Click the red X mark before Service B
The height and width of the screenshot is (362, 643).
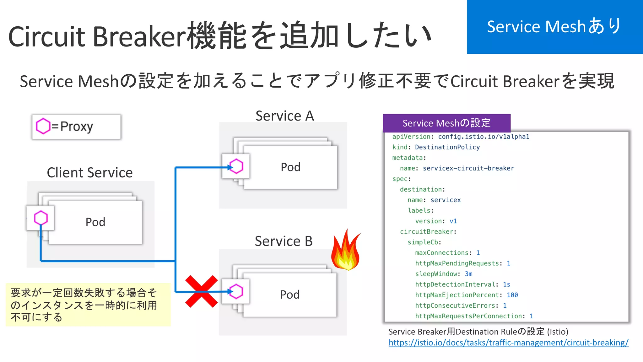point(201,292)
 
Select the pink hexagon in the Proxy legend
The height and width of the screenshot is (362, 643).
point(43,126)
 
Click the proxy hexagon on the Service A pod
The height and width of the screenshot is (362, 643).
point(236,166)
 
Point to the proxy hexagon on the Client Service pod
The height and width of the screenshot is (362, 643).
point(41,218)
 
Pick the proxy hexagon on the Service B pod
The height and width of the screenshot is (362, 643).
point(236,291)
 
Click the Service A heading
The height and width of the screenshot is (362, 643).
point(284,116)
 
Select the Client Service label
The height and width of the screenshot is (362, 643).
point(90,173)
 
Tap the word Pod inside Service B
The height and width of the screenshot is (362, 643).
point(290,294)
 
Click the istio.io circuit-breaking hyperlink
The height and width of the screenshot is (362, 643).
point(508,343)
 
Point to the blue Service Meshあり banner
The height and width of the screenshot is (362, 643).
point(554,27)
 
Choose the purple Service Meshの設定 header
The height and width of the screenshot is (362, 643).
point(446,123)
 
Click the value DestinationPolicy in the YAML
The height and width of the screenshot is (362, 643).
point(447,147)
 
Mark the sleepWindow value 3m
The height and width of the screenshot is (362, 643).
point(468,274)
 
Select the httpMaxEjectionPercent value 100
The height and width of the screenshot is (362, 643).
point(512,295)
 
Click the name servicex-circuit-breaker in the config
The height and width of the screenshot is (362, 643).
point(468,168)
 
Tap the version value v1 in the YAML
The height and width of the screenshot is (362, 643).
point(453,221)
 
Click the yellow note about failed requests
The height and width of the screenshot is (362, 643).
point(88,305)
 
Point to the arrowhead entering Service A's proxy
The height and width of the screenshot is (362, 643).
point(230,167)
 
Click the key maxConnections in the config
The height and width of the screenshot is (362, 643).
point(442,253)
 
